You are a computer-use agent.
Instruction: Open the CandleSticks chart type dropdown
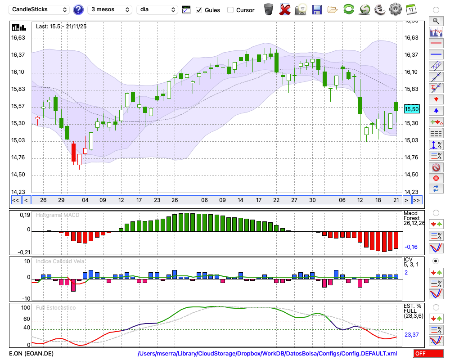[x=40, y=9]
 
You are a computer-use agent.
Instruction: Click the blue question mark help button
[x=78, y=9]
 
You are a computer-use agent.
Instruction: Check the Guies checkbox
[x=199, y=10]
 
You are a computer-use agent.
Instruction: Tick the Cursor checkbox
[x=231, y=10]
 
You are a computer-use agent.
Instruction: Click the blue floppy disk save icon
[x=317, y=9]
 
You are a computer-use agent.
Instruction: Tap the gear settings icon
[x=395, y=9]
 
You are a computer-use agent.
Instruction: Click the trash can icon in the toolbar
[x=269, y=9]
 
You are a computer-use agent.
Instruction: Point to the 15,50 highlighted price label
[x=412, y=109]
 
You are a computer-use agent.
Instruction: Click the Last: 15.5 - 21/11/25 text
[x=61, y=27]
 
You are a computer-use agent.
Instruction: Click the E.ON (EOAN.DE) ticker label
[x=31, y=354]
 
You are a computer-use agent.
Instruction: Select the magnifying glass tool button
[x=436, y=21]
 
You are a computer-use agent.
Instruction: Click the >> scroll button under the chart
[x=417, y=200]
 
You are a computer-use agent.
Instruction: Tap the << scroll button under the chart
[x=15, y=200]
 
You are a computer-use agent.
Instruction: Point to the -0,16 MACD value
[x=411, y=247]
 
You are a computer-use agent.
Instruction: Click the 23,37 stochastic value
[x=412, y=335]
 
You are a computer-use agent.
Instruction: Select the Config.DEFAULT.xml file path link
[x=267, y=354]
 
